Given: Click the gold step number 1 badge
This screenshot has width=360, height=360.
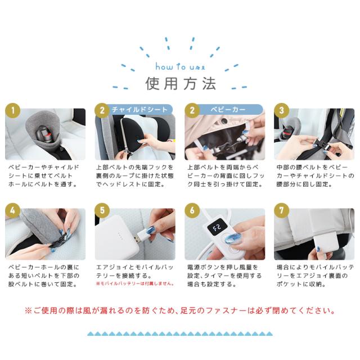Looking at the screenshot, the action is tap(12, 110).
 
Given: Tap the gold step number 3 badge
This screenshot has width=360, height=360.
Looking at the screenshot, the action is tap(281, 110).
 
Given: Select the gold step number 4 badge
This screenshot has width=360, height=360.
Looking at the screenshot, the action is tap(12, 210).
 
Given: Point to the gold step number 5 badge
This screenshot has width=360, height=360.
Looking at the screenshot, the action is tap(102, 210).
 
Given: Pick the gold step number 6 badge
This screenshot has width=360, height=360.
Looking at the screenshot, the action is tap(192, 210).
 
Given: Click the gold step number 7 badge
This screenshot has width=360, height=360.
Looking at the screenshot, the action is tap(281, 210).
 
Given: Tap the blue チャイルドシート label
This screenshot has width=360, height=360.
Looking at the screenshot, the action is tap(139, 110).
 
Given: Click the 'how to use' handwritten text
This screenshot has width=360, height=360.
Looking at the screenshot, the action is tap(180, 66).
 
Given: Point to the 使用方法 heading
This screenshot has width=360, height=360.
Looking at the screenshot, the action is tap(181, 84).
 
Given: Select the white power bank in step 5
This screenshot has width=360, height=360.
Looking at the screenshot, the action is tap(117, 237).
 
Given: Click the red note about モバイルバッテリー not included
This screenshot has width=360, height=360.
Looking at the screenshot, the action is tap(135, 283).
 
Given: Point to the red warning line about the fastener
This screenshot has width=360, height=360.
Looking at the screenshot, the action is tap(180, 311).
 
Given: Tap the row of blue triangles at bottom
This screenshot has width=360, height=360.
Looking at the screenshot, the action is tap(180, 334).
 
